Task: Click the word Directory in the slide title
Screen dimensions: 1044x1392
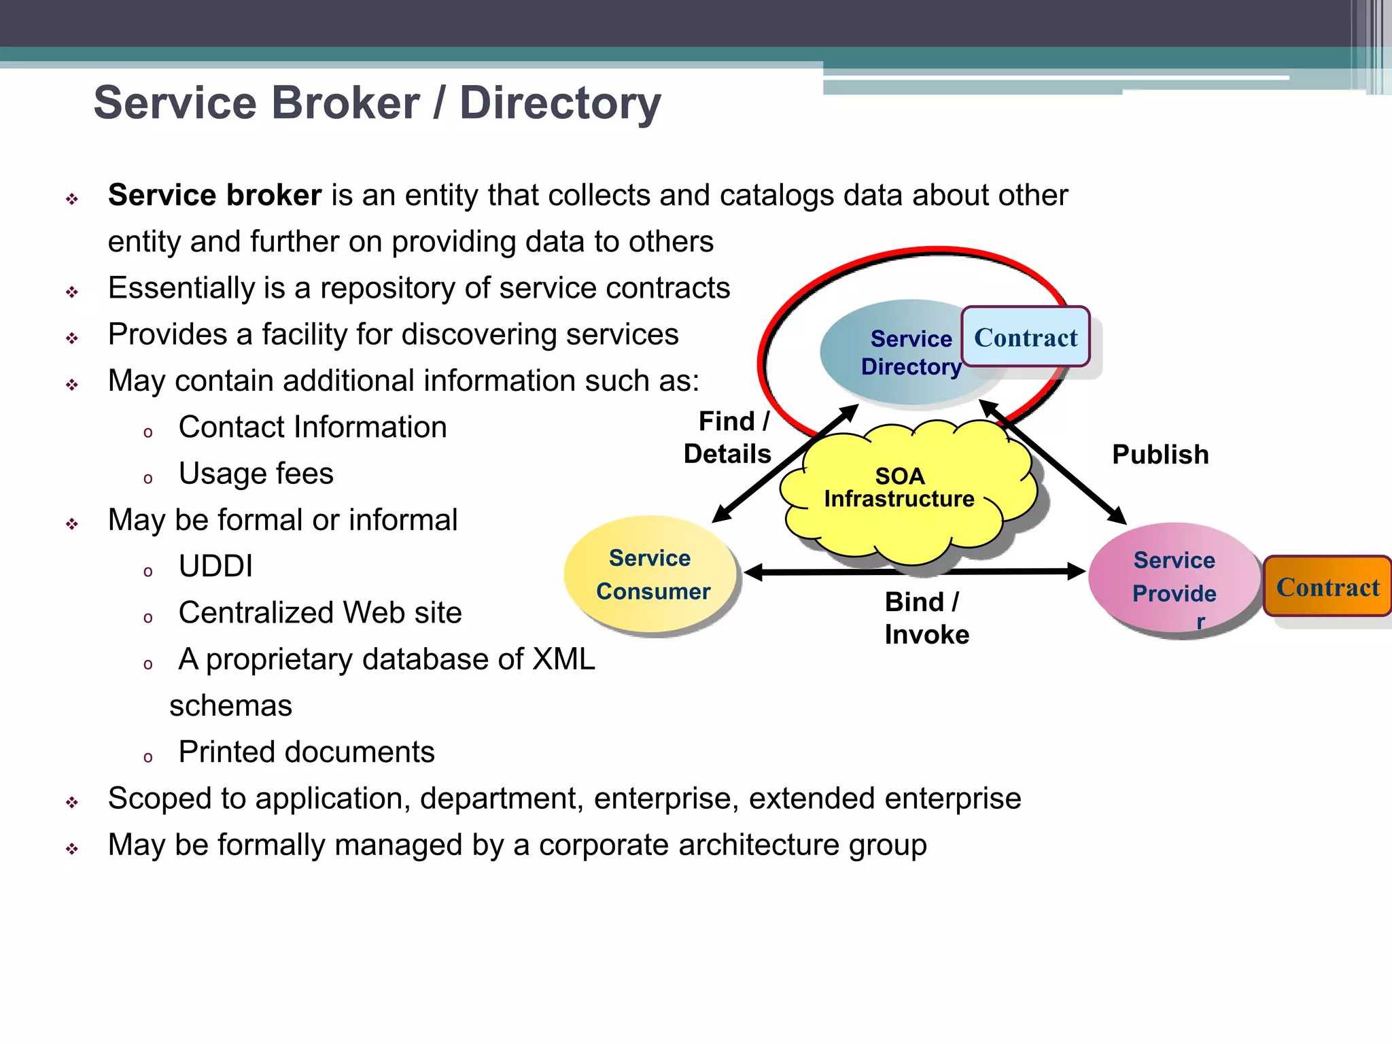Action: tap(560, 103)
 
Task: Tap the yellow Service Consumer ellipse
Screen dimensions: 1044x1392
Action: tap(651, 575)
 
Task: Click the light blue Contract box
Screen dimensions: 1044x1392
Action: tap(1025, 337)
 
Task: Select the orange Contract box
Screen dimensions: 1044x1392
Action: tap(1327, 587)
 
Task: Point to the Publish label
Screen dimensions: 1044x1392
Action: tap(1160, 454)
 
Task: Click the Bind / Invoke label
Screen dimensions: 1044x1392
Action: tap(926, 618)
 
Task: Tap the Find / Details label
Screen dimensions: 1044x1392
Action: tap(729, 437)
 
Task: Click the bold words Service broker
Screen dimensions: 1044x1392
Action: tap(215, 195)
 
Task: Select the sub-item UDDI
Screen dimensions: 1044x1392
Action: tap(215, 565)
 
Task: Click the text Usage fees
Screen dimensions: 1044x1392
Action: tap(256, 473)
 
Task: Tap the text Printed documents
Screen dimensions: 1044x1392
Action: tap(306, 752)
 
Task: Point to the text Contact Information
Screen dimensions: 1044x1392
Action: tap(313, 427)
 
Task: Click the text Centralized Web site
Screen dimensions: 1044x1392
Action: tap(319, 612)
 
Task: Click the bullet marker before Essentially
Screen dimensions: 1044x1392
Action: tap(72, 292)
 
